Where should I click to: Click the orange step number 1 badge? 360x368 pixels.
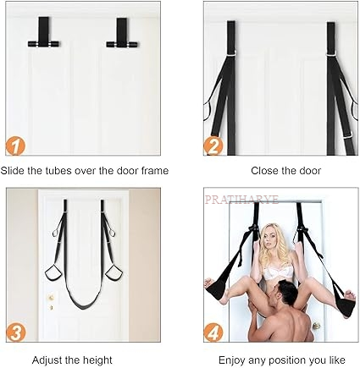(15, 146)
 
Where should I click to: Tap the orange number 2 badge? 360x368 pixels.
(213, 146)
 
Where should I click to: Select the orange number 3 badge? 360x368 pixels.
(15, 332)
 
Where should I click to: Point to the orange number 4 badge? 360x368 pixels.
(213, 332)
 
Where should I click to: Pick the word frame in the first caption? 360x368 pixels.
(155, 171)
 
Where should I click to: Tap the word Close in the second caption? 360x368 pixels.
(264, 171)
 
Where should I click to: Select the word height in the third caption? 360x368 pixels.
(97, 360)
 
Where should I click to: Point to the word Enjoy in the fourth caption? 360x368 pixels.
(232, 360)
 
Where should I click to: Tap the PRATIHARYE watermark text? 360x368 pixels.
(241, 200)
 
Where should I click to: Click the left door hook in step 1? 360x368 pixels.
(43, 32)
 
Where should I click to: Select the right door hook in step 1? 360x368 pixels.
(122, 33)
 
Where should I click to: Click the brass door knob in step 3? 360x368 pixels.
(51, 298)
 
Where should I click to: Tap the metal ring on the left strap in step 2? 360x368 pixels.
(232, 52)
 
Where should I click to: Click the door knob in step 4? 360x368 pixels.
(316, 326)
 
